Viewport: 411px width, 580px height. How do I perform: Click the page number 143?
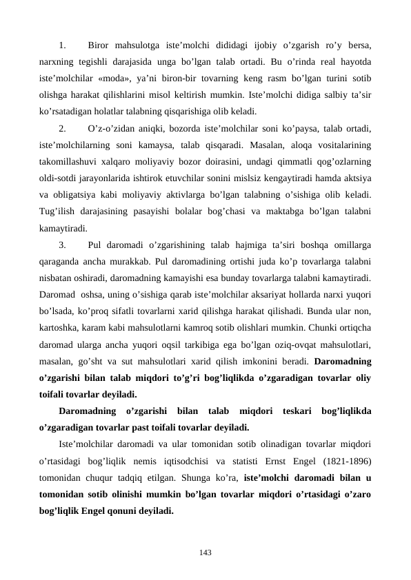(x=205, y=552)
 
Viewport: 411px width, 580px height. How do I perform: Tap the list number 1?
(x=62, y=46)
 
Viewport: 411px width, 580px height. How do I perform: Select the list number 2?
(x=62, y=128)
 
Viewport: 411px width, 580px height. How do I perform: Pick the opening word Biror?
(x=101, y=46)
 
